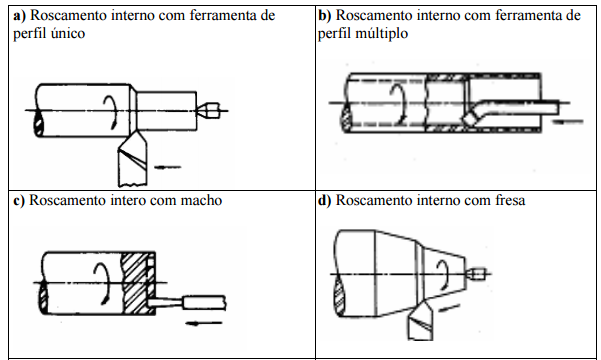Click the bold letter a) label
pos(20,16)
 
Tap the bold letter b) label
pos(325,16)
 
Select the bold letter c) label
pos(19,201)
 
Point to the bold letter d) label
pos(325,201)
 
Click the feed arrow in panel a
pos(167,167)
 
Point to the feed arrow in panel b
pos(568,122)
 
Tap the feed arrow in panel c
pos(204,323)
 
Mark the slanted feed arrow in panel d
pos(448,307)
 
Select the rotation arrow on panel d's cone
pos(445,275)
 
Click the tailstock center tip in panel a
pos(208,110)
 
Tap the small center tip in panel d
pos(476,274)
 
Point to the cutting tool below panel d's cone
pos(420,321)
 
